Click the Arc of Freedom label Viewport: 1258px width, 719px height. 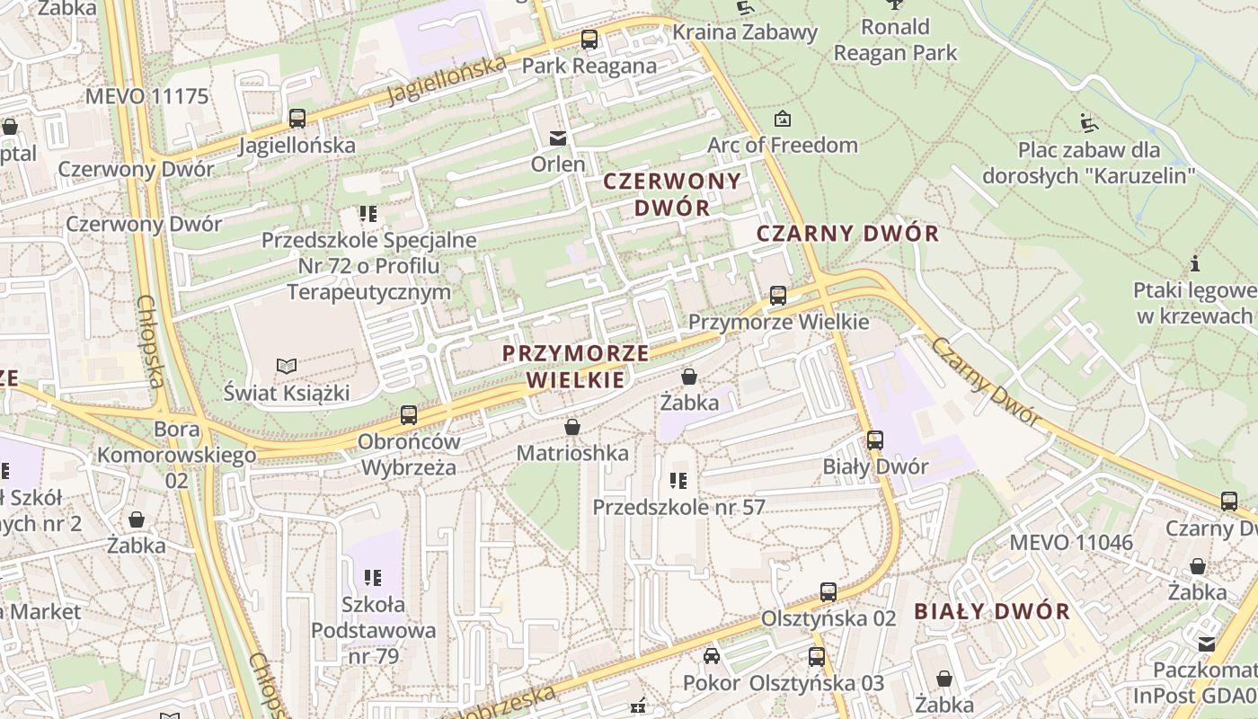tap(782, 145)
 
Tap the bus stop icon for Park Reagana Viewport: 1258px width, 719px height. tap(589, 40)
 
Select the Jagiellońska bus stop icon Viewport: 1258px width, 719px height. tap(297, 119)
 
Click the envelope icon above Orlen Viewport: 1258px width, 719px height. tap(558, 138)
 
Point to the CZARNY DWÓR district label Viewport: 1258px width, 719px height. tap(847, 234)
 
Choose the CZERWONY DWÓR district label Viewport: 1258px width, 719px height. tap(672, 193)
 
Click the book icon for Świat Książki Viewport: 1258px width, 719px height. tap(287, 367)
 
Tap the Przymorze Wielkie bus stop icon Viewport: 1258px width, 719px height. tap(778, 296)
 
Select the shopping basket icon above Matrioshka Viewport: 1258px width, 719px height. tap(572, 427)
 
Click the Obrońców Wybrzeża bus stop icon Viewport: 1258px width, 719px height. tap(409, 415)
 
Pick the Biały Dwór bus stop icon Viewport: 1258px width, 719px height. tap(875, 440)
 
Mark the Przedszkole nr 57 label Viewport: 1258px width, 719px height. tap(678, 507)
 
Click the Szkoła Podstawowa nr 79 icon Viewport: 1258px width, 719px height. tap(372, 577)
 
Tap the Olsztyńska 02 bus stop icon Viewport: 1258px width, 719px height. tap(828, 592)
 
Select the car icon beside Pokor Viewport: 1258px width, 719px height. tap(712, 656)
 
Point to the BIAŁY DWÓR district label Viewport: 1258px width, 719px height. tap(992, 612)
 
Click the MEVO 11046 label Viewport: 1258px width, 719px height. tap(1071, 543)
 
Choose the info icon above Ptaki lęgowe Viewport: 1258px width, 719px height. tap(1195, 264)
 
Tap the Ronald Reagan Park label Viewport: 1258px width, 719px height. tap(895, 40)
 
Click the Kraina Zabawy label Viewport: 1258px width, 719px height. tap(745, 32)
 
